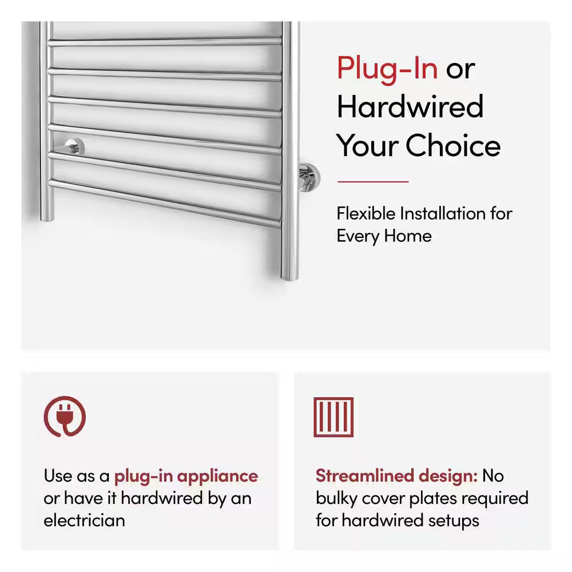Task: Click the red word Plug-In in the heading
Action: (x=387, y=69)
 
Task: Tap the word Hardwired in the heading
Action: (x=410, y=107)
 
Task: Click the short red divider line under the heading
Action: (x=372, y=181)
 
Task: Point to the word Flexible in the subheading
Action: (x=366, y=214)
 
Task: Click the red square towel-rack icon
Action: (x=333, y=417)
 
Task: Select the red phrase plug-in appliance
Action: (x=186, y=476)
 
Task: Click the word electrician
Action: (x=84, y=520)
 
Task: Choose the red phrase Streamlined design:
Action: (x=396, y=476)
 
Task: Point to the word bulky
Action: (x=338, y=498)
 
